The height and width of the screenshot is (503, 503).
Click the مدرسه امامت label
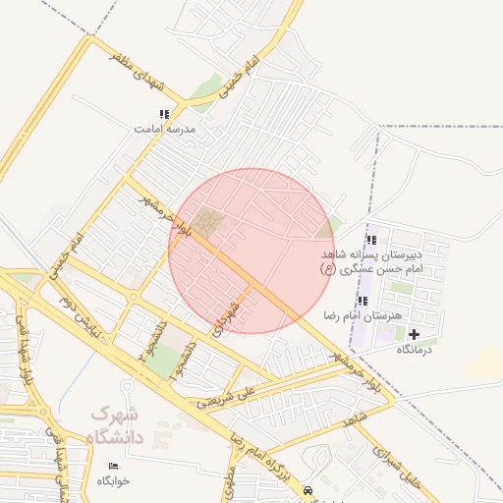(165, 129)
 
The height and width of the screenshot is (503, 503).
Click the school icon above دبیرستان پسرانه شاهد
(370, 240)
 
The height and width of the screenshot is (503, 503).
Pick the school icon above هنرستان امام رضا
(363, 301)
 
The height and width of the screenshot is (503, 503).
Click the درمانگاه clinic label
(414, 349)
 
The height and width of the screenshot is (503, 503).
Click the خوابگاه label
(113, 480)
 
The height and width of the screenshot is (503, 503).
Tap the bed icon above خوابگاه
(113, 466)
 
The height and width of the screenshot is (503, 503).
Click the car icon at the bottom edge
(308, 489)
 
